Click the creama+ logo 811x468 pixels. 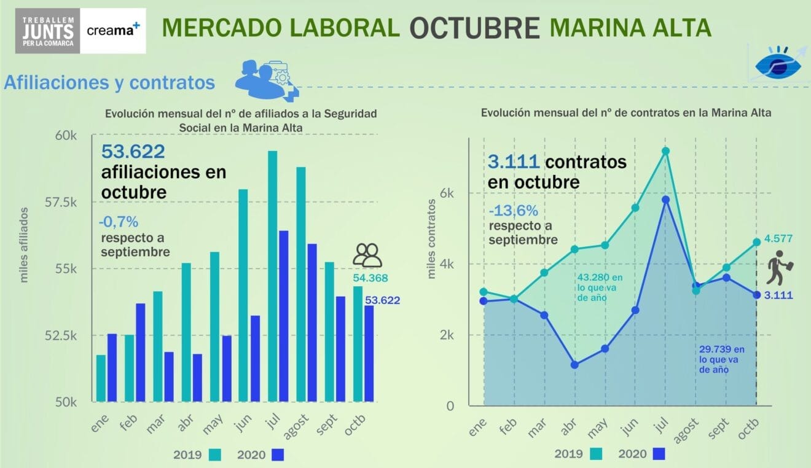coord(113,30)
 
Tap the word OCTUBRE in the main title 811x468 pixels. coord(474,28)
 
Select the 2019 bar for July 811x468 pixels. coord(272,276)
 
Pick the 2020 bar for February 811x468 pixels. coord(141,353)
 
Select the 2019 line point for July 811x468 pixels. coord(665,151)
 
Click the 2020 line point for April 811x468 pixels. coord(574,365)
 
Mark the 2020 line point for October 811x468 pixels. coord(756,295)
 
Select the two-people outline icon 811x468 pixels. coord(367,255)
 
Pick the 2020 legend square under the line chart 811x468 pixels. coord(659,454)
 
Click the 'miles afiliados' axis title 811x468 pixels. coord(25,245)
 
